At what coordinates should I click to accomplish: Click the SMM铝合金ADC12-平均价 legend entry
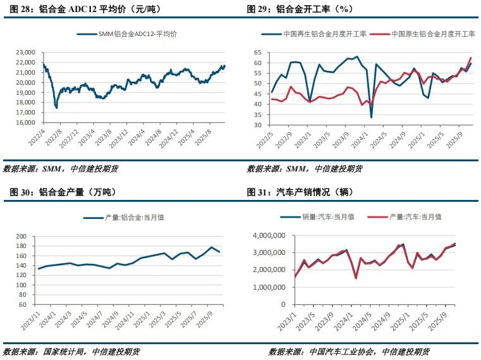(130, 34)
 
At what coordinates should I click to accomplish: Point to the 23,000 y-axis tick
(26, 53)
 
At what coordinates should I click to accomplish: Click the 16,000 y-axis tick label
(26, 124)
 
